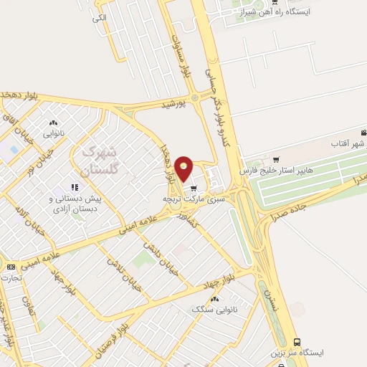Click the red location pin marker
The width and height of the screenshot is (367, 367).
click(184, 168)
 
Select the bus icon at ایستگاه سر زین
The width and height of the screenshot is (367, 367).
click(297, 342)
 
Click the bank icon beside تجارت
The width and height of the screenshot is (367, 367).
click(11, 267)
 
